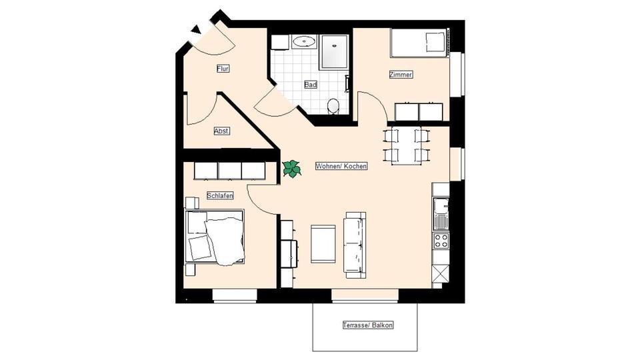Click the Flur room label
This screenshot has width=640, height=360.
tap(223, 69)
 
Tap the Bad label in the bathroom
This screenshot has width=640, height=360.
tap(311, 85)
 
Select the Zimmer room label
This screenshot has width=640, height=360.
tap(401, 75)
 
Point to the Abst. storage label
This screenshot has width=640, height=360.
tap(222, 131)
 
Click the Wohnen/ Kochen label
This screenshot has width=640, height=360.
tap(341, 166)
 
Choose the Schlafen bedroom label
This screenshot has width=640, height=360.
tap(220, 195)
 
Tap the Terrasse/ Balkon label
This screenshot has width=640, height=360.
tap(368, 325)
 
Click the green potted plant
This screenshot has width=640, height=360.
tap(291, 169)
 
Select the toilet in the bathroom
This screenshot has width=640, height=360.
tap(333, 105)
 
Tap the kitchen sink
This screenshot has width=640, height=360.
tap(441, 213)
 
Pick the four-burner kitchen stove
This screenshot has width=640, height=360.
tap(441, 241)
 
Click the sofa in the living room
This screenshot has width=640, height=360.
tap(355, 243)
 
